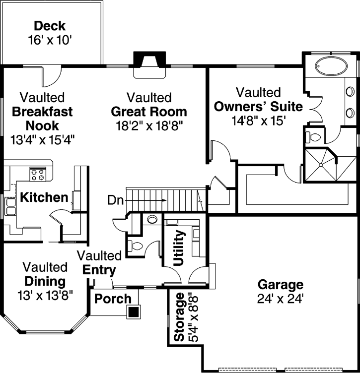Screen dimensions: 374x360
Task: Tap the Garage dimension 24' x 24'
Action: click(280, 299)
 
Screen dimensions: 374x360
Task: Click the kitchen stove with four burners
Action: click(38, 175)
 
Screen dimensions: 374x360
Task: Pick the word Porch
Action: click(113, 299)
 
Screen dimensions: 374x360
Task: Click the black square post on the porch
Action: click(133, 312)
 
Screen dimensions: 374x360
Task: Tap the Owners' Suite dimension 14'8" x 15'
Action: click(258, 121)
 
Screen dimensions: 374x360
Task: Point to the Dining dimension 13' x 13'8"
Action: click(45, 296)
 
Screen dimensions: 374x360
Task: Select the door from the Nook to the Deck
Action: click(51, 75)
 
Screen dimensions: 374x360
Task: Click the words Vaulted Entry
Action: click(99, 263)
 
